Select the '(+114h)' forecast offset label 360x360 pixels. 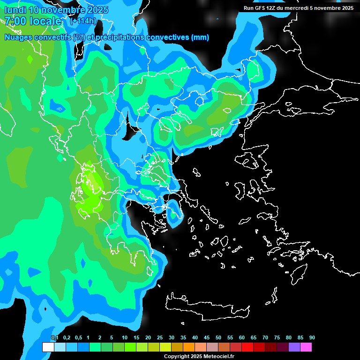point(83,21)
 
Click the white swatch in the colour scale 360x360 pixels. point(48,347)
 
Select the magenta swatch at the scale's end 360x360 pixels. point(306,347)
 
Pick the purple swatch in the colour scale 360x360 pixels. point(294,347)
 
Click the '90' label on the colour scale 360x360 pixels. point(312,338)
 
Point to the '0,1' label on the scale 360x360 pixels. point(55,338)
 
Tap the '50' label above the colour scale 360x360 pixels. point(218,338)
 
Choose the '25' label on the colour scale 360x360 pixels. point(160,338)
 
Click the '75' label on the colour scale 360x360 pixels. point(277,338)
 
